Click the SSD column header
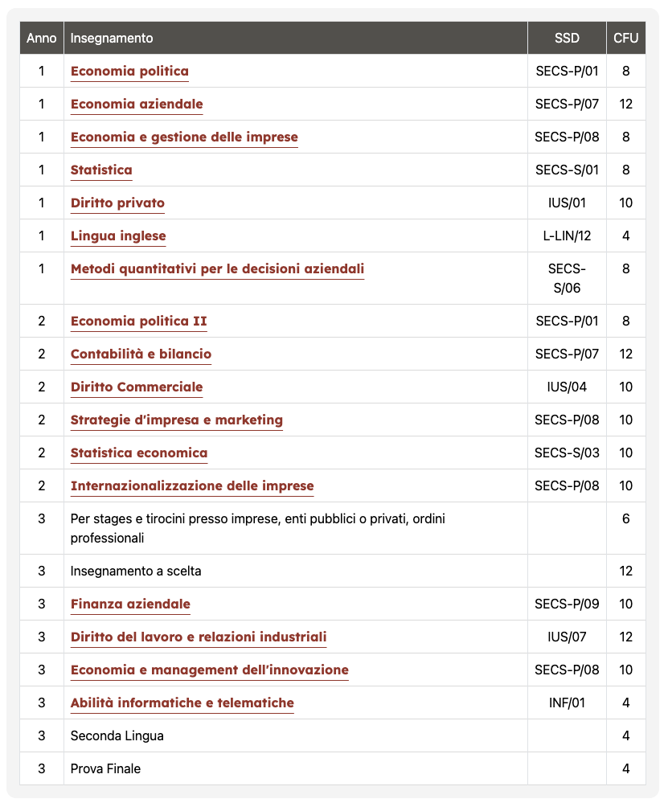pyautogui.click(x=567, y=38)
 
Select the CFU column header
pyautogui.click(x=625, y=38)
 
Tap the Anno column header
pyautogui.click(x=42, y=38)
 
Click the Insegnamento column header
pyautogui.click(x=112, y=38)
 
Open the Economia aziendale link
pyautogui.click(x=137, y=104)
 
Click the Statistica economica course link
pyautogui.click(x=139, y=453)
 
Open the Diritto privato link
pyautogui.click(x=117, y=203)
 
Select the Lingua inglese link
pyautogui.click(x=118, y=236)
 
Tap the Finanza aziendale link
pyautogui.click(x=130, y=604)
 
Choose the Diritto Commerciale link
pyautogui.click(x=137, y=387)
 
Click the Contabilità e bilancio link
pyautogui.click(x=141, y=354)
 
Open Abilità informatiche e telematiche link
pyautogui.click(x=182, y=703)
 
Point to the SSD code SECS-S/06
pyautogui.click(x=567, y=278)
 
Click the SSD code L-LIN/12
pyautogui.click(x=567, y=236)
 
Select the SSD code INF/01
pyautogui.click(x=567, y=703)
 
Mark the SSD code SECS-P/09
pyautogui.click(x=567, y=604)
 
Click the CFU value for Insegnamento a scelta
pyautogui.click(x=625, y=571)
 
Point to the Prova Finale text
pyautogui.click(x=105, y=768)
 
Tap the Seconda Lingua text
pyautogui.click(x=117, y=735)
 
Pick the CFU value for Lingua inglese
pyautogui.click(x=625, y=236)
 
